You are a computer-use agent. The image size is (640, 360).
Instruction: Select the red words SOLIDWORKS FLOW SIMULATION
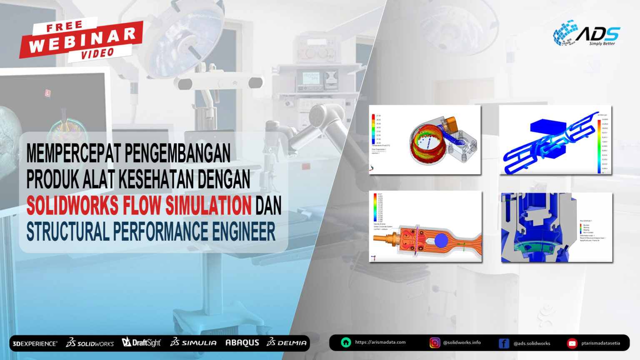click(x=139, y=205)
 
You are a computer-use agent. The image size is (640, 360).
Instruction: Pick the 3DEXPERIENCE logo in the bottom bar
click(x=35, y=344)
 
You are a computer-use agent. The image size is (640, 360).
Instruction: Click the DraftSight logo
click(x=141, y=342)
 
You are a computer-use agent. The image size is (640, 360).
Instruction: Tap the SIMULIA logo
click(x=193, y=342)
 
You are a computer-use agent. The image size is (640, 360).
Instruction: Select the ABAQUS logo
click(x=242, y=342)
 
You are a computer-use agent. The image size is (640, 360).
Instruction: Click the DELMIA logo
click(x=287, y=342)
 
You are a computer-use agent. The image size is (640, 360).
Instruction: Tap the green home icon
click(x=346, y=342)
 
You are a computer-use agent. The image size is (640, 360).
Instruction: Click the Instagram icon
click(x=435, y=343)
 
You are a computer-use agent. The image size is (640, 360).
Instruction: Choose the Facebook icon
click(x=504, y=343)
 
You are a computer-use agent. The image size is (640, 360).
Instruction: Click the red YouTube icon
click(x=572, y=343)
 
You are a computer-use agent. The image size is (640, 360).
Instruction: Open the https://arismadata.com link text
click(x=380, y=342)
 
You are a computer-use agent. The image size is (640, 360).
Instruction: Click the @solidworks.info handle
click(x=462, y=342)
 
